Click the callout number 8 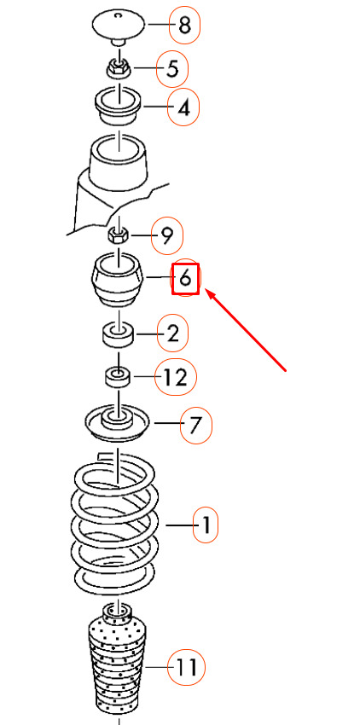(x=184, y=25)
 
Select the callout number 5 (x=172, y=69)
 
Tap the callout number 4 (x=183, y=107)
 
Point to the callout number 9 (x=167, y=235)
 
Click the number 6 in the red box (x=185, y=279)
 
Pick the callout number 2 (x=172, y=333)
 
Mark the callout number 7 (x=195, y=425)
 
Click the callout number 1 (x=206, y=525)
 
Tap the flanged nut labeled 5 (x=119, y=70)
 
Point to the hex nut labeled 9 (x=119, y=236)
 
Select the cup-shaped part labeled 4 (x=119, y=106)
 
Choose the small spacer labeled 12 (x=119, y=377)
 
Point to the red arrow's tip (x=206, y=290)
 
